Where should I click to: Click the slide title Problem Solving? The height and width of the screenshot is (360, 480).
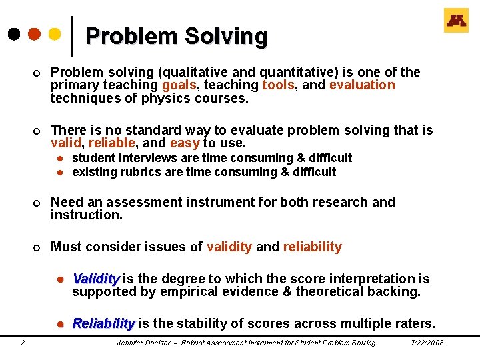click(x=176, y=37)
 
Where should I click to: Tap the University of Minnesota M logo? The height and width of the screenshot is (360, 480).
click(x=456, y=21)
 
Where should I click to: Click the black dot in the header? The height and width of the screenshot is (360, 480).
click(x=13, y=33)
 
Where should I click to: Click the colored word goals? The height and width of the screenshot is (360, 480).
click(x=178, y=85)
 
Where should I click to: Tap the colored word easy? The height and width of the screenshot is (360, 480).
click(x=185, y=143)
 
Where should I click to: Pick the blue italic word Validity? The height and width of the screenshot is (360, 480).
click(x=96, y=279)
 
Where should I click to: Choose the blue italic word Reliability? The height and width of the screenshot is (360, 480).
click(x=103, y=324)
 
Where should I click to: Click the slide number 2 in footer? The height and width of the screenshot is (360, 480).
click(x=23, y=343)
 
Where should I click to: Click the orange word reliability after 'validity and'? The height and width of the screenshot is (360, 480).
click(x=312, y=247)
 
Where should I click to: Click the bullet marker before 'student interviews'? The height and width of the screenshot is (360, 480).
click(x=59, y=159)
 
